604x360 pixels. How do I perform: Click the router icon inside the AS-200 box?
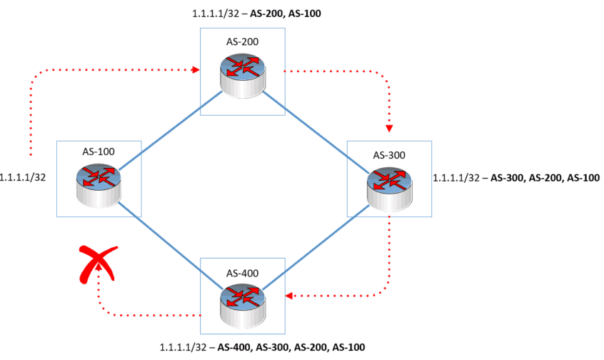[242, 72]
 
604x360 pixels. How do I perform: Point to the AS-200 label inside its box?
[243, 41]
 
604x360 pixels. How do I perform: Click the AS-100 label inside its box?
[98, 152]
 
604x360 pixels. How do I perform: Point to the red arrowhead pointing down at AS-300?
[389, 129]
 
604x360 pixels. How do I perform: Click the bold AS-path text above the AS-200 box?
[284, 12]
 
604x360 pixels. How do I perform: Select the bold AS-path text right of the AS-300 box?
[545, 177]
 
